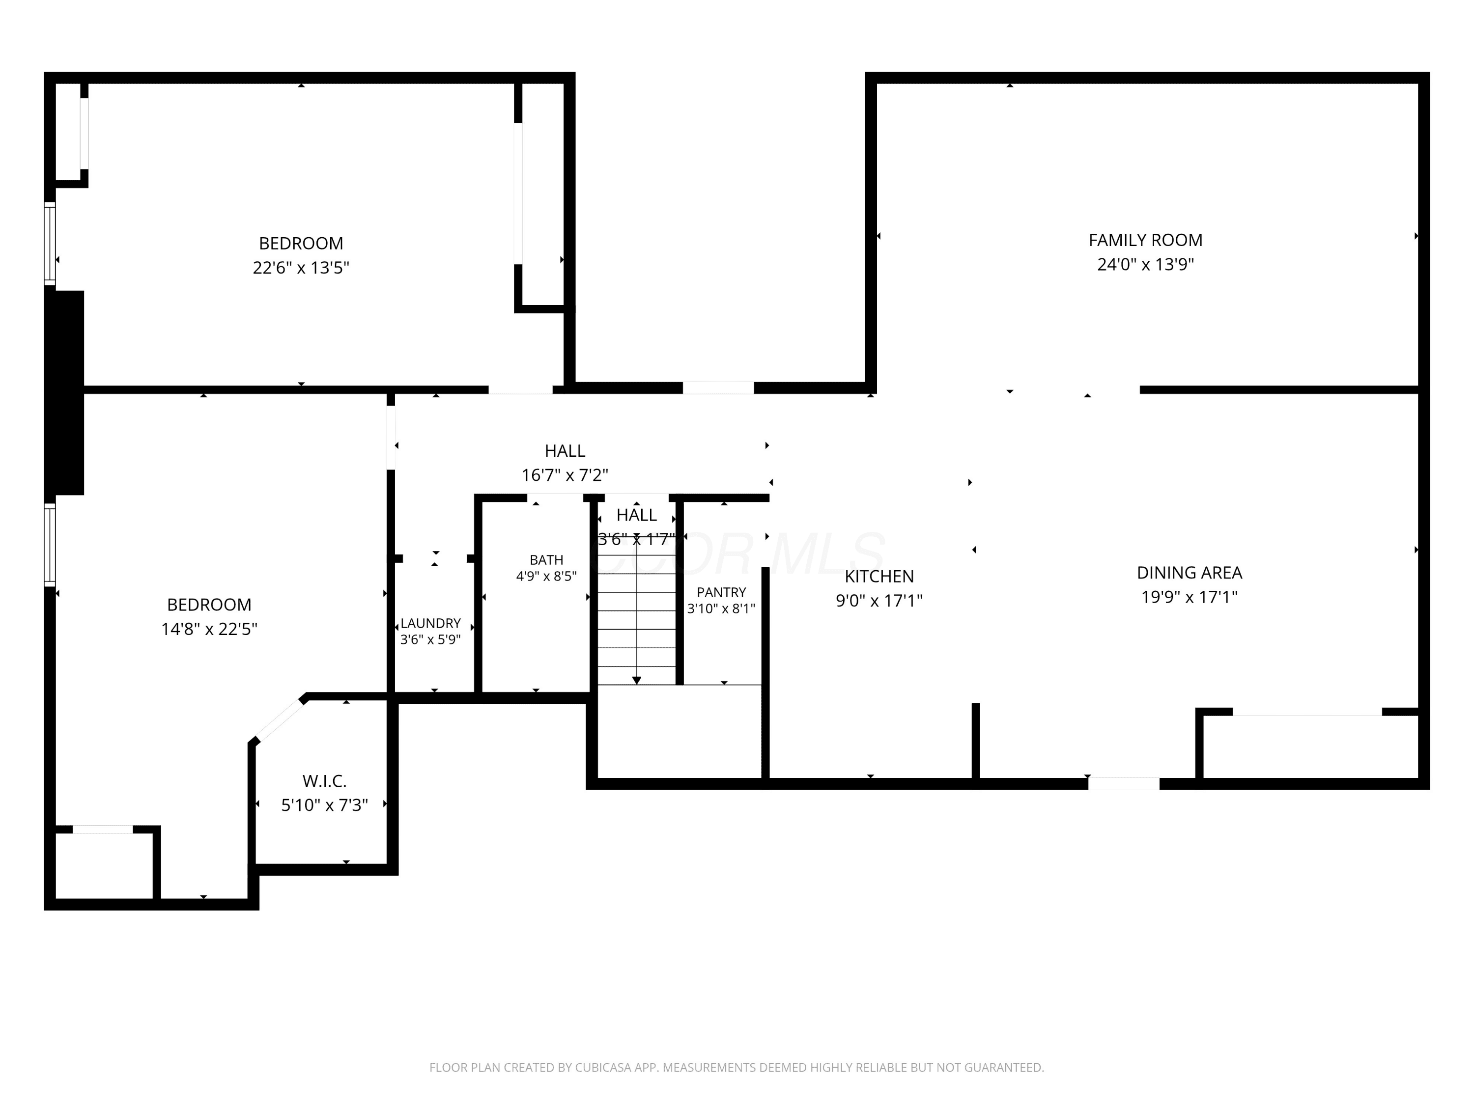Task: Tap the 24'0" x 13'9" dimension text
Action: [1145, 264]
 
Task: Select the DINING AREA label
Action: [1190, 573]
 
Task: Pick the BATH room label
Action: [546, 560]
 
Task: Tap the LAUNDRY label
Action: [430, 623]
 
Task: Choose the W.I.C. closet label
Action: [324, 781]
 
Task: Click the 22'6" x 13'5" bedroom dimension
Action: [301, 268]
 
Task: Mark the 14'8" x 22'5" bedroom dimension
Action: [209, 630]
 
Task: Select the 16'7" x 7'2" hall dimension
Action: [565, 475]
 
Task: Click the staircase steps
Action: [637, 619]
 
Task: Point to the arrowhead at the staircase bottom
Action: [637, 680]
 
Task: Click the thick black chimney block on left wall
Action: [65, 393]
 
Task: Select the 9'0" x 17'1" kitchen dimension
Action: [879, 601]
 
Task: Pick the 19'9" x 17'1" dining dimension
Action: [1190, 598]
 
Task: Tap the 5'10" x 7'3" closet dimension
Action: [324, 805]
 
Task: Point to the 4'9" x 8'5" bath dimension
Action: [546, 576]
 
